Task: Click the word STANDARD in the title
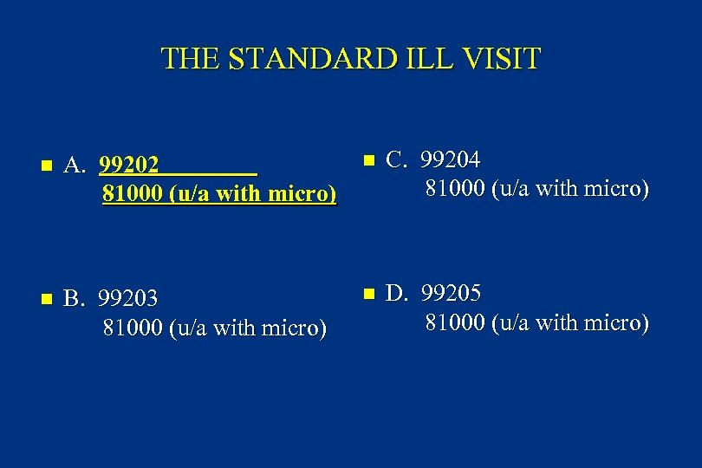(x=317, y=59)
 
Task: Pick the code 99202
(x=129, y=165)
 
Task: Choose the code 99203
(x=128, y=299)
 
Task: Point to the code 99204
(x=451, y=159)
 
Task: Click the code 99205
(x=451, y=293)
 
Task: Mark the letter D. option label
(x=397, y=293)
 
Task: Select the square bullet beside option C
(x=367, y=160)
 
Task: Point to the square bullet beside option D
(x=367, y=294)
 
